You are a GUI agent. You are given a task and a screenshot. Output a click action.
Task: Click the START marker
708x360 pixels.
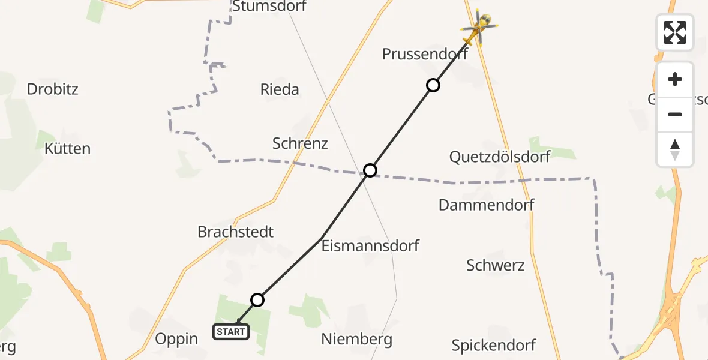(231, 331)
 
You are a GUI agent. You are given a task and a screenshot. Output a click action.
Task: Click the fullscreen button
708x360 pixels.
(675, 32)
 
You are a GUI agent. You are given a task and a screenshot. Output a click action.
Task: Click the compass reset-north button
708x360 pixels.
(675, 149)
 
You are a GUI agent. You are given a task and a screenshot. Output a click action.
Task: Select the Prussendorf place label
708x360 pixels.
(425, 54)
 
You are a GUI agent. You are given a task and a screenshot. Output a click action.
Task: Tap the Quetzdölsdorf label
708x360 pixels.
(500, 157)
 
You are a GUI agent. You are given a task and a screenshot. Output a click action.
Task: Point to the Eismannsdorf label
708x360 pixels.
(370, 245)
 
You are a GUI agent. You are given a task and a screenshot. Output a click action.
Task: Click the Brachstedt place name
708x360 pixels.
(235, 232)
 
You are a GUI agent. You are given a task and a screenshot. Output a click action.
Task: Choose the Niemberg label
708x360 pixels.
(356, 339)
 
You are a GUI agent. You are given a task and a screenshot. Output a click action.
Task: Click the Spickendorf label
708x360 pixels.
(494, 345)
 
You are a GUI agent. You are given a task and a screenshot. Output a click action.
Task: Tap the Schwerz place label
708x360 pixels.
(496, 265)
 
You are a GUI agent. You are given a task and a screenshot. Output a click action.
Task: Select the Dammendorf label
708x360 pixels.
(486, 205)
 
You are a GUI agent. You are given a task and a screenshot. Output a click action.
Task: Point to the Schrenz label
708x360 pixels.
(300, 143)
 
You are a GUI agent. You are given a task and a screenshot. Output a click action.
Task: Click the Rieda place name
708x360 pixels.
(280, 89)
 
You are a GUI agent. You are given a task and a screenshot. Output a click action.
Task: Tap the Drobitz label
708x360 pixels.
(53, 89)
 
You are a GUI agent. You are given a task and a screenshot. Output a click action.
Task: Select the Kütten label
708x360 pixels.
(68, 148)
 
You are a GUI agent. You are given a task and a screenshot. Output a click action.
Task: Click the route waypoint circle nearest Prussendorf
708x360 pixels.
(433, 85)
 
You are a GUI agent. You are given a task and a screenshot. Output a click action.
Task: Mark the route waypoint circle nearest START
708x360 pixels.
(257, 299)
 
